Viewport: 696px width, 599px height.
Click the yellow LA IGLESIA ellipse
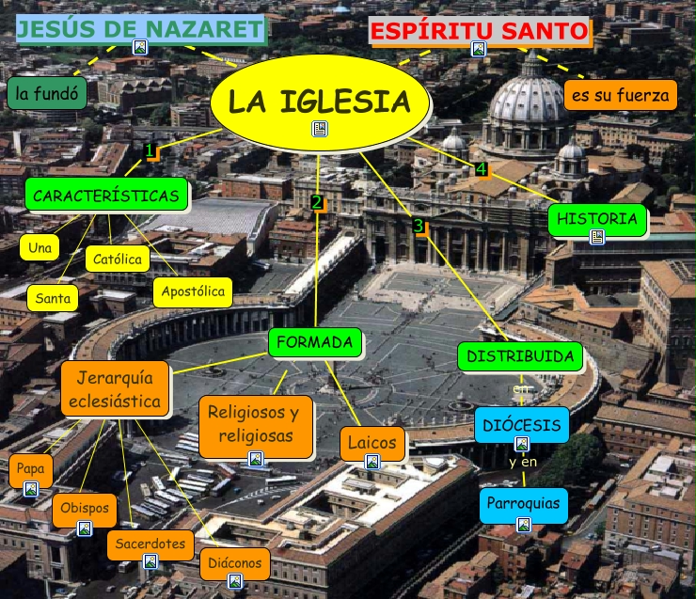[319, 100]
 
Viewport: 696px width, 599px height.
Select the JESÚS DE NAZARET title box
[141, 29]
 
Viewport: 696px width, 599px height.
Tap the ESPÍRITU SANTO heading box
[480, 31]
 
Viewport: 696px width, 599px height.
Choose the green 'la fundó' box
[47, 93]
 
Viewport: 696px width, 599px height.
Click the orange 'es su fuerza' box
[621, 95]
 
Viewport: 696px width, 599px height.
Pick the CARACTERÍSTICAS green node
[105, 196]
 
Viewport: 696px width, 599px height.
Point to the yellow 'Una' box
[40, 248]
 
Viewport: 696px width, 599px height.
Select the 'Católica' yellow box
[118, 259]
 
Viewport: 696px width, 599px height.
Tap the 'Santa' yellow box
[53, 299]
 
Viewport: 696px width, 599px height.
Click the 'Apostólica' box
[193, 292]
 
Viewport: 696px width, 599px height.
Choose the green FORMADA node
[315, 343]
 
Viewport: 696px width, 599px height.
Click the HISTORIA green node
[597, 219]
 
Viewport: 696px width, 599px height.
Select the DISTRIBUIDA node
[520, 357]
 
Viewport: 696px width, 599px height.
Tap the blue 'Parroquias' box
[524, 504]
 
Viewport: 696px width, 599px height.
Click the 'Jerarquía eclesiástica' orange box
[115, 390]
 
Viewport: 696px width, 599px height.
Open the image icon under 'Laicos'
[372, 462]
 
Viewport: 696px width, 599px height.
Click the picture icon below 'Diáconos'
[235, 581]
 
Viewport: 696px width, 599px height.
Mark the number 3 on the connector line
[419, 226]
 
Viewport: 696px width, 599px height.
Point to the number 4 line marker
[482, 169]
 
